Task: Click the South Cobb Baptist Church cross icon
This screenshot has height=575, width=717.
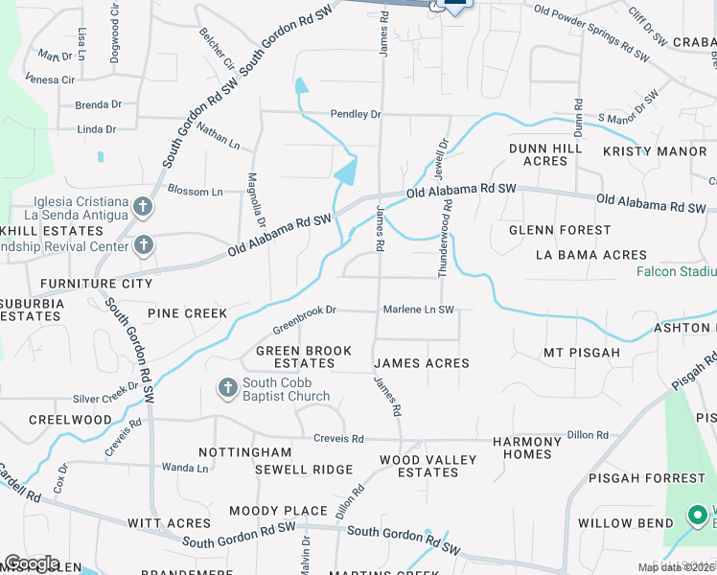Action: [x=227, y=388]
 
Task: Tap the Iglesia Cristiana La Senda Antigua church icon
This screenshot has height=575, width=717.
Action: [x=142, y=207]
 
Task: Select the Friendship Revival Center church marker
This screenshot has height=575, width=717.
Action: [x=142, y=246]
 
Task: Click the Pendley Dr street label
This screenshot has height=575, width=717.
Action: [x=356, y=114]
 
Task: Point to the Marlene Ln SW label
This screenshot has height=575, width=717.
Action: [x=418, y=310]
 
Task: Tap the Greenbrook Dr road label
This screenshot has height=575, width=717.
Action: [x=304, y=310]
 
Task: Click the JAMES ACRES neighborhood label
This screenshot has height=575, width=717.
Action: [x=422, y=363]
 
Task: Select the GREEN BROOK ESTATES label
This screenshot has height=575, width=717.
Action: [x=303, y=357]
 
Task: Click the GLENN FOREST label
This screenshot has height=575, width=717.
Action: [x=560, y=230]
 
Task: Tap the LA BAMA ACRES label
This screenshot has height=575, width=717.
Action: [x=590, y=255]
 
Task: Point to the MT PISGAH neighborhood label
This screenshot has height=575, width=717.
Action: [x=582, y=353]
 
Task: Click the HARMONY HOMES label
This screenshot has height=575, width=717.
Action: [x=527, y=448]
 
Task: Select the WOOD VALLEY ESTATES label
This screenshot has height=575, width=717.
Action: [x=428, y=466]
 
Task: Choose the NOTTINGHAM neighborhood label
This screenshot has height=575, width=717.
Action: [x=244, y=451]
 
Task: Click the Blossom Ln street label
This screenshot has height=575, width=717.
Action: [x=195, y=191]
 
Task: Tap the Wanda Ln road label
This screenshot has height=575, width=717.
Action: [x=185, y=468]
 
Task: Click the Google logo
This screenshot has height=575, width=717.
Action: [x=31, y=563]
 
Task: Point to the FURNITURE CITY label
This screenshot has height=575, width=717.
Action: [x=96, y=285]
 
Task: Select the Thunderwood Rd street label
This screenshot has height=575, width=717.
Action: [x=445, y=245]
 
